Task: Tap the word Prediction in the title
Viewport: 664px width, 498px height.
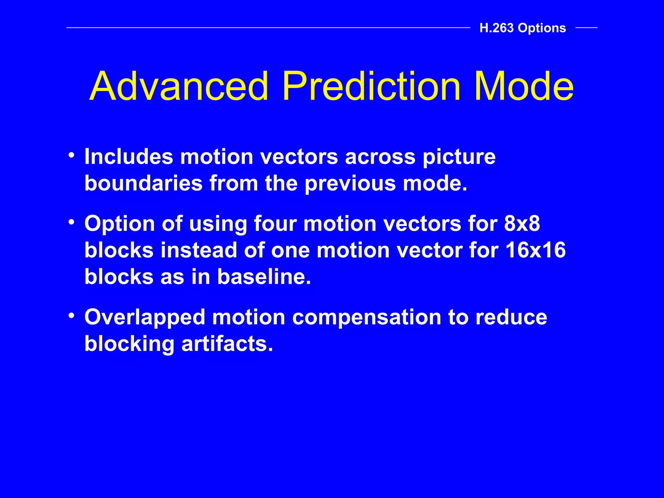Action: (x=371, y=87)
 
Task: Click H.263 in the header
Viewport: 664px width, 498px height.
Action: (x=496, y=28)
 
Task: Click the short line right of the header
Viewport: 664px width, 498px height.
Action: (x=586, y=28)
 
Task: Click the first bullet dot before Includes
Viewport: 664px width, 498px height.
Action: (x=72, y=155)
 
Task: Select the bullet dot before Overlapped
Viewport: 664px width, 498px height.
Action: (x=72, y=315)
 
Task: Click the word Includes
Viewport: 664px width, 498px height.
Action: (x=129, y=157)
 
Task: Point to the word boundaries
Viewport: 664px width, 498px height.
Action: (x=143, y=183)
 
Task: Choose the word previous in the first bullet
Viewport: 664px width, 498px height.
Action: (x=350, y=184)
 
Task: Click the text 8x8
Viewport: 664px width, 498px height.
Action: (x=522, y=224)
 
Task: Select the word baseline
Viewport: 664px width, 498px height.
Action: (x=264, y=277)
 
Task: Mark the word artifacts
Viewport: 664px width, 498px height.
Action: (x=227, y=344)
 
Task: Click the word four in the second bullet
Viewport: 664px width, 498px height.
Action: (x=275, y=224)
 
